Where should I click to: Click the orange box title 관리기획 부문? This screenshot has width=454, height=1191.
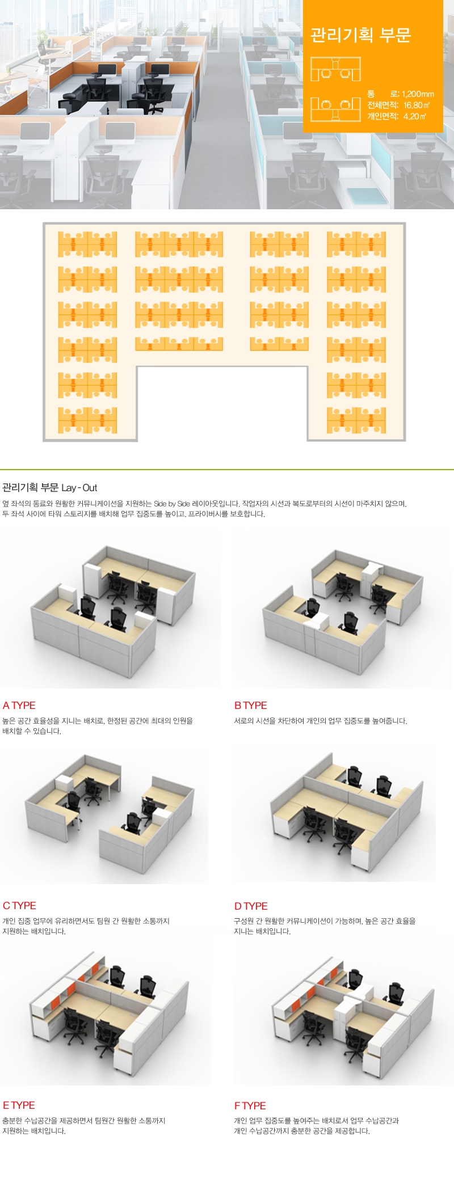[360, 35]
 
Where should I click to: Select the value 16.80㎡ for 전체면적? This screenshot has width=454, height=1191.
[417, 105]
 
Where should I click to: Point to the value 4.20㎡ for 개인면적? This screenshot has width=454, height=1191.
[414, 116]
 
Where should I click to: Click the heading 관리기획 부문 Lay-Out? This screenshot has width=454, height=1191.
[49, 488]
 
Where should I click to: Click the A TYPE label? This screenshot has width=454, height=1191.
[19, 706]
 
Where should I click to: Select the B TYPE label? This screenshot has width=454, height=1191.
[250, 706]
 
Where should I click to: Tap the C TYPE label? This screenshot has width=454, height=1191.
[19, 906]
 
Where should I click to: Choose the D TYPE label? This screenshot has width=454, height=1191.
[251, 906]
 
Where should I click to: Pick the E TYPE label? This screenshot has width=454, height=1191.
[19, 1105]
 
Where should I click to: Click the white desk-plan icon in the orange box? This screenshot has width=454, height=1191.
[335, 89]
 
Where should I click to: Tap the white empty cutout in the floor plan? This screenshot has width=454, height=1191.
[222, 403]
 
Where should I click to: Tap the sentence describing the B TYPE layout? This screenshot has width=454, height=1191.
[320, 721]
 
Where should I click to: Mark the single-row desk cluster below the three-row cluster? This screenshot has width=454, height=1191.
[179, 344]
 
